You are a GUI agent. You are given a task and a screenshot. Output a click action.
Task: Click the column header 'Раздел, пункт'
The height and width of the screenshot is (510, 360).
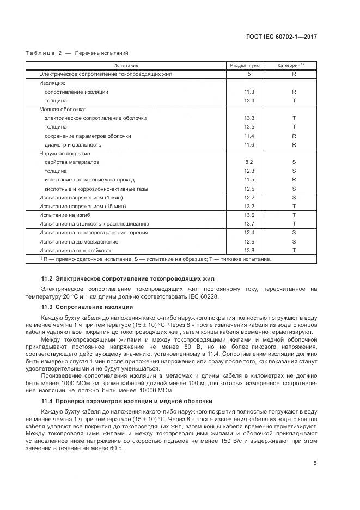pyautogui.click(x=249, y=65)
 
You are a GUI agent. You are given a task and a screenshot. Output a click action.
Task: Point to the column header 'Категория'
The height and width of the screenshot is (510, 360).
pyautogui.click(x=294, y=65)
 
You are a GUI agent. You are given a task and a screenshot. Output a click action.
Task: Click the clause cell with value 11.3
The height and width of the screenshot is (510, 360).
pyautogui.click(x=249, y=92)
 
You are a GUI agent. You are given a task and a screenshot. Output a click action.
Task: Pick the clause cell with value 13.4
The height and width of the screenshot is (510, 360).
pyautogui.click(x=249, y=101)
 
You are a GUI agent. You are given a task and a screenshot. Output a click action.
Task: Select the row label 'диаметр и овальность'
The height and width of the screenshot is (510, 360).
pyautogui.click(x=73, y=145)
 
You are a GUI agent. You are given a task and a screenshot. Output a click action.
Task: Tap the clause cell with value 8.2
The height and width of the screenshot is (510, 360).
pyautogui.click(x=249, y=162)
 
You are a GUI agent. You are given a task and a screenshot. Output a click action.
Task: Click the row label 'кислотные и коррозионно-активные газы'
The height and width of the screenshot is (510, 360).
pyautogui.click(x=89, y=189)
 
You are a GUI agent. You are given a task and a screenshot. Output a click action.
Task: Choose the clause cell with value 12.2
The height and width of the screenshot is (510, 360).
pyautogui.click(x=249, y=198)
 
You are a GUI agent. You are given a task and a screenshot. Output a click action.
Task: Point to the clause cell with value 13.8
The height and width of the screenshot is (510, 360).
pyautogui.click(x=249, y=250)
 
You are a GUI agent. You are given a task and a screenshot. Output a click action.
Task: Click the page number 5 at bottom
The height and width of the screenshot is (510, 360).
pyautogui.click(x=315, y=463)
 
